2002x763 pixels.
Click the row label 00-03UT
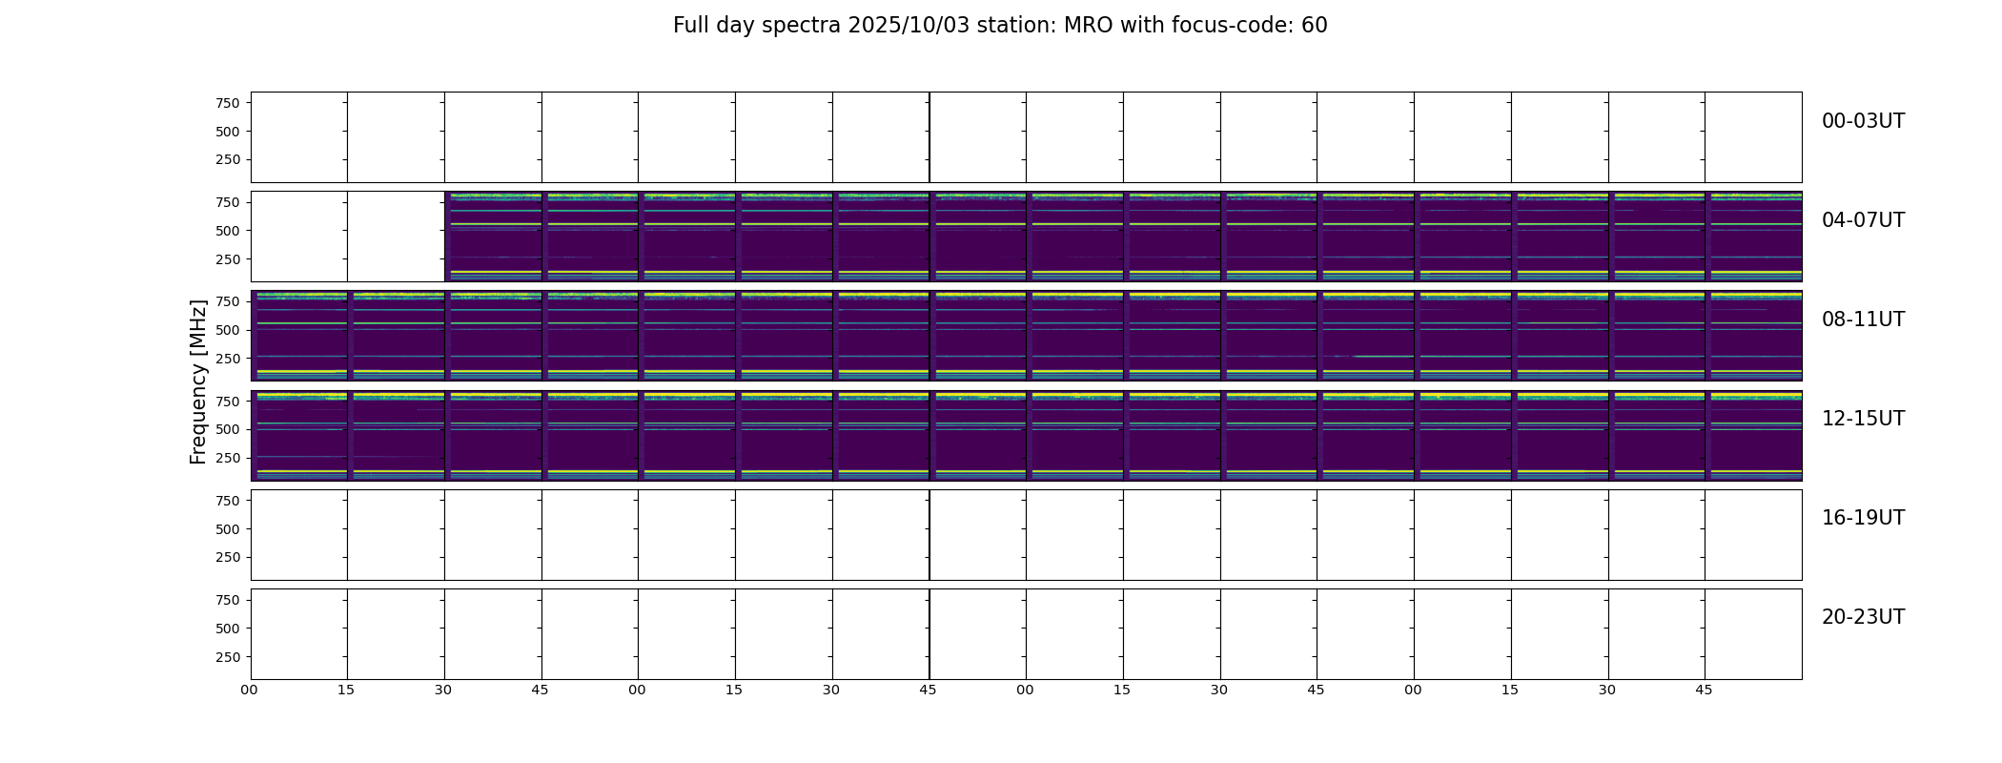point(1863,121)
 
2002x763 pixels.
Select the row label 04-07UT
point(1863,220)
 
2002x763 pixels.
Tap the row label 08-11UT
point(1863,320)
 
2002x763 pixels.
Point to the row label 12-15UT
point(1863,419)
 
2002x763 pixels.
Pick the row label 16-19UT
point(1863,518)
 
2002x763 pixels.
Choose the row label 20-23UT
point(1863,617)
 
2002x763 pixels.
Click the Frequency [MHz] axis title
point(198,381)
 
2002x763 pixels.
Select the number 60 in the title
point(1315,26)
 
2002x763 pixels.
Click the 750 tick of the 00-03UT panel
point(228,103)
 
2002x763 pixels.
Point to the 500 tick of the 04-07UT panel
point(228,231)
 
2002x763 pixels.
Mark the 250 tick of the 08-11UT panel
point(228,359)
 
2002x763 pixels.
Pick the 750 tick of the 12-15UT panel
point(228,402)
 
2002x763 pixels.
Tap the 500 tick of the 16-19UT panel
point(228,529)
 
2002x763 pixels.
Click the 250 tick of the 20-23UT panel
point(228,657)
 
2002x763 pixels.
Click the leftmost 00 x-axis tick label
point(250,690)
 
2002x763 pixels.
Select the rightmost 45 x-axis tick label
point(1705,690)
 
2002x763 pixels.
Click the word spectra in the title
point(802,27)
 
